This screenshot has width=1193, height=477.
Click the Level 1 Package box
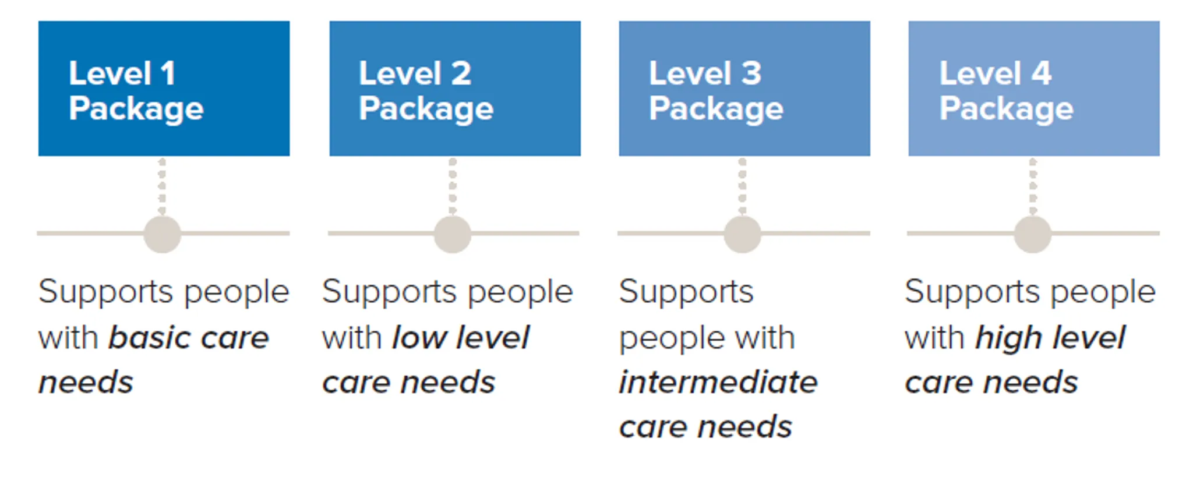coord(164,89)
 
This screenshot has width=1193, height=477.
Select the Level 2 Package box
coord(454,89)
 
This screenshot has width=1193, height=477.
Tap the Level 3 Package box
coord(744,89)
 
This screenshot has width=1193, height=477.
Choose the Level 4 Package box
coord(1033,89)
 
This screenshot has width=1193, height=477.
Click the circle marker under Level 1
coord(162,234)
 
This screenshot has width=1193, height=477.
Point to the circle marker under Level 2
coord(453,234)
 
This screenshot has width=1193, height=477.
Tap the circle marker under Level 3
coord(742,234)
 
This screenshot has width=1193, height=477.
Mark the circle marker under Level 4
coord(1032,234)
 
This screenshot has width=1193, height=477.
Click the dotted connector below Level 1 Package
coord(162,186)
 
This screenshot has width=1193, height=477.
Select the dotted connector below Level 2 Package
coord(453,186)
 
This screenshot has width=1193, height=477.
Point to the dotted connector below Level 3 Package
coord(742,186)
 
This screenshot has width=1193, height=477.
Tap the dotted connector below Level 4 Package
coord(1033,186)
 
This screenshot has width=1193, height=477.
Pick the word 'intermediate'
coord(718,383)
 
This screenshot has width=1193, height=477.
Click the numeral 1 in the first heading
coord(168,74)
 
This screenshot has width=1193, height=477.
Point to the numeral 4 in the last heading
coord(1041,74)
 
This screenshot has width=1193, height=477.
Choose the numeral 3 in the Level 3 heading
coord(751,74)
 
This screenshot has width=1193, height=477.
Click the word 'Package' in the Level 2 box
coord(426,109)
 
